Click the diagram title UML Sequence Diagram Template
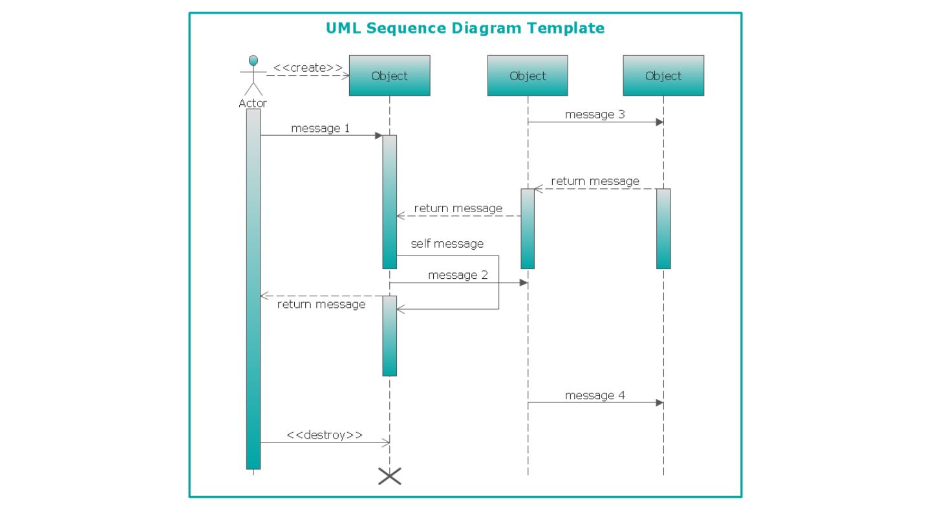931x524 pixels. coord(465,28)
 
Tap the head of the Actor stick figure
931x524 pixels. coord(253,61)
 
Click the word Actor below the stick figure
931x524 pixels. coord(253,103)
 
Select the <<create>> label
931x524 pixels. coord(308,68)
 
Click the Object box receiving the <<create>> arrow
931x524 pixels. coord(389,75)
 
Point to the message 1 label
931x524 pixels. coord(320,128)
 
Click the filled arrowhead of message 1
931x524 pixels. coord(379,136)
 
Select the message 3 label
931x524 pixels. coord(595,115)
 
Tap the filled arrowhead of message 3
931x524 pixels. coord(659,122)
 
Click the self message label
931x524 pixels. coord(447,244)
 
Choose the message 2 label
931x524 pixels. coord(458,275)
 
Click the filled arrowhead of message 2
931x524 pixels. coord(524,283)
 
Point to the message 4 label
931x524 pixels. coord(595,395)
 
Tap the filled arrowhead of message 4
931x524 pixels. coord(659,402)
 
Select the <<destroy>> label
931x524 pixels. coord(325,435)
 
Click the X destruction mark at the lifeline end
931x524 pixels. coord(389,476)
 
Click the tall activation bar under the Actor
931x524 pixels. coord(253,289)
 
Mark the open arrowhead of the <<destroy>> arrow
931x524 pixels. coord(386,443)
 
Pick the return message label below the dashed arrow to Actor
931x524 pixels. coord(321,305)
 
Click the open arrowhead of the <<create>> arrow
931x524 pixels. coord(345,76)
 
